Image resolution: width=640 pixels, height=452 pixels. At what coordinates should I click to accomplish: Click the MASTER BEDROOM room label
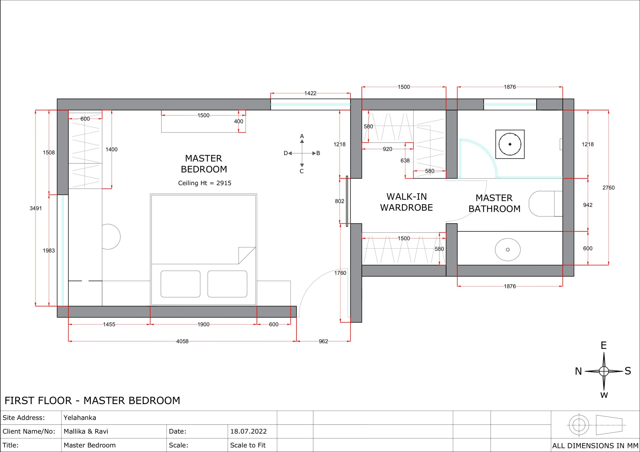[204, 164]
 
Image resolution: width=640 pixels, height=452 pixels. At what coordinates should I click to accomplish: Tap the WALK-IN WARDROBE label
[406, 202]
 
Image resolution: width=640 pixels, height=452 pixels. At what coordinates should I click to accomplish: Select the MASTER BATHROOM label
[494, 203]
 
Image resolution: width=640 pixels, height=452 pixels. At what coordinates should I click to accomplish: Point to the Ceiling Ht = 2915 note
[204, 183]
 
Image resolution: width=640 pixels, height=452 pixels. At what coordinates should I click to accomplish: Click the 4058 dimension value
[182, 341]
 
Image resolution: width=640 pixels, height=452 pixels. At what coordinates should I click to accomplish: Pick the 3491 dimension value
[36, 208]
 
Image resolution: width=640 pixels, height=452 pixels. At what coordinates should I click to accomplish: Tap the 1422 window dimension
[310, 93]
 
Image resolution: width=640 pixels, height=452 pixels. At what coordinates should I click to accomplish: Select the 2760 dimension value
[608, 188]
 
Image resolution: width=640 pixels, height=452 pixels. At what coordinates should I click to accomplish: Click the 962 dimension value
[323, 341]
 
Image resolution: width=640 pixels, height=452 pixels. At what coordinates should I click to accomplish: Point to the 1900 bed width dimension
[203, 324]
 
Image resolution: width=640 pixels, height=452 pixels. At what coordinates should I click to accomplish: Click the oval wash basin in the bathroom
[507, 250]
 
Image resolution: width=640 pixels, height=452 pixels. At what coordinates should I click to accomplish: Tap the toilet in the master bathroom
[545, 204]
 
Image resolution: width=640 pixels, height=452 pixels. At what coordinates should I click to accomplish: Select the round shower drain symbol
[510, 144]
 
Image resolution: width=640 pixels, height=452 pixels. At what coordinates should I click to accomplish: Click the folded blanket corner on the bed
[247, 255]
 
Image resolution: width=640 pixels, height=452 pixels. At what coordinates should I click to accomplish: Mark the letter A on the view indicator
[302, 136]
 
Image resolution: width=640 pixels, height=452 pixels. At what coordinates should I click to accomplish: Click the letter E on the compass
[603, 346]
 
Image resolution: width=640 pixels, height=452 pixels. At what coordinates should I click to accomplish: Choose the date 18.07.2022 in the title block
[248, 431]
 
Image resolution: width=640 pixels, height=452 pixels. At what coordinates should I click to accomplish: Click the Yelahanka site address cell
[80, 418]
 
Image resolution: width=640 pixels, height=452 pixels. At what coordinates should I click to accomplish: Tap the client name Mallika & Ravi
[86, 431]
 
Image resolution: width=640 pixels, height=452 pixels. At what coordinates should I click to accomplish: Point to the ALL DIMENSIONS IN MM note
[595, 446]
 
